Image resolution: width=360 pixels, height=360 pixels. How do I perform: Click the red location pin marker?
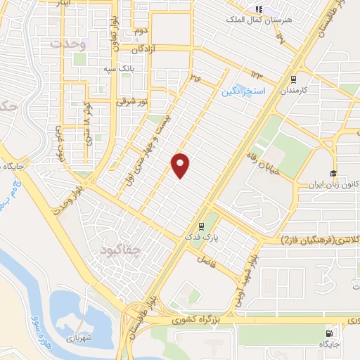pos(181,165)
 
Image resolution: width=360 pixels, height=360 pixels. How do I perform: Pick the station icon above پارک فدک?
pos(202,226)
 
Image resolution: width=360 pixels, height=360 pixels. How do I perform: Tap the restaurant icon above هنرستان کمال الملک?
pos(258,9)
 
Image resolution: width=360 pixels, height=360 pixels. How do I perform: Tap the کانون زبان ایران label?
pos(330,186)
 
